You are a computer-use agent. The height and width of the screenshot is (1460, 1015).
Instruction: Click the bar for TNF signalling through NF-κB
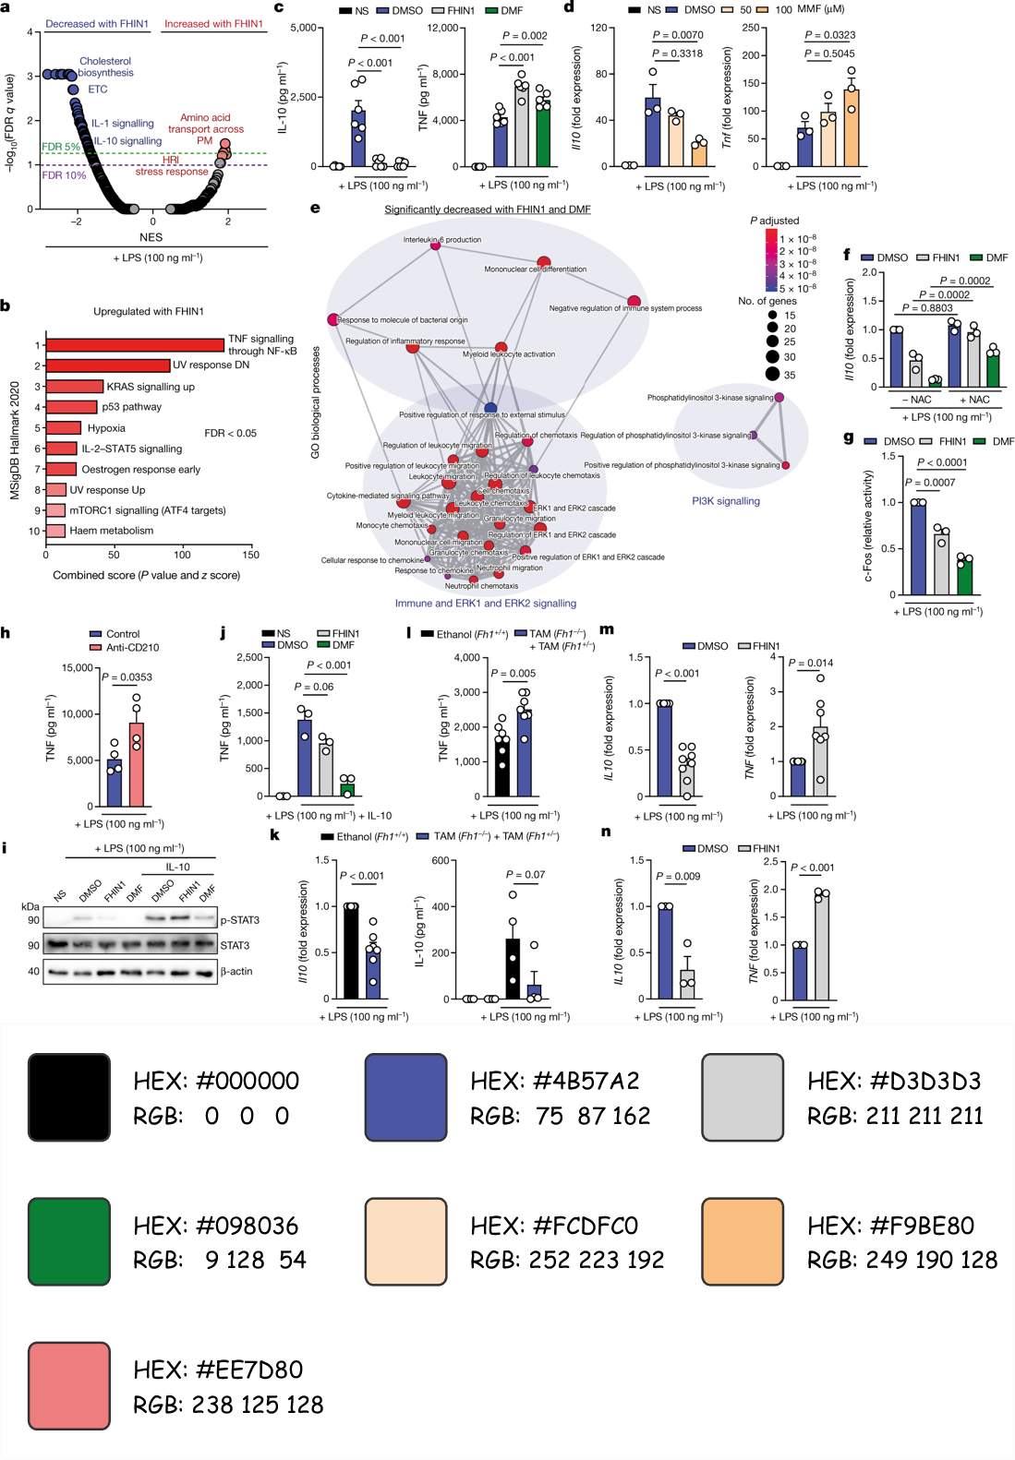click(135, 345)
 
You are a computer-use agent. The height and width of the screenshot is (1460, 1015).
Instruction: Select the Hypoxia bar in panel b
click(64, 428)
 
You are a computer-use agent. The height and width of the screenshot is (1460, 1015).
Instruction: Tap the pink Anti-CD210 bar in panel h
click(137, 764)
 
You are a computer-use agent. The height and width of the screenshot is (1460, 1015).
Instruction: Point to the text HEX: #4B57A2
click(555, 1081)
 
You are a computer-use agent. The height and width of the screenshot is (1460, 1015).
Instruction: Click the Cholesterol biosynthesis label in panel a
click(105, 67)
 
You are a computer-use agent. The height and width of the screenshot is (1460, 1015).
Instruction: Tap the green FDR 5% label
click(61, 147)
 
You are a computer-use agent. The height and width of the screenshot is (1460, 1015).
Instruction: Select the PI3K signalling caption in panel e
click(726, 501)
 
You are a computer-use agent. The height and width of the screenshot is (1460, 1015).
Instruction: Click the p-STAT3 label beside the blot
click(240, 920)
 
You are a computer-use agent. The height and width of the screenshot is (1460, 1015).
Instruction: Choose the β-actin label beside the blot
click(236, 971)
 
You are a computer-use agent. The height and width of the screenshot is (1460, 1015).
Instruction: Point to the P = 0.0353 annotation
click(128, 677)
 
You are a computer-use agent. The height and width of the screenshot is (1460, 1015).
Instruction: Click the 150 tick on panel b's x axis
click(250, 555)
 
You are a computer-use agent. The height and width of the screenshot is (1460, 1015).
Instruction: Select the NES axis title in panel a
click(151, 237)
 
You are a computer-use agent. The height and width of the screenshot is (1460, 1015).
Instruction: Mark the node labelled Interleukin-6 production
click(435, 245)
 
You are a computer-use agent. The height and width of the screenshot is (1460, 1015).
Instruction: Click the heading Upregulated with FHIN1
click(149, 312)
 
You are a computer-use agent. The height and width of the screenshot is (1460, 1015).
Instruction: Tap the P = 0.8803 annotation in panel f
click(927, 308)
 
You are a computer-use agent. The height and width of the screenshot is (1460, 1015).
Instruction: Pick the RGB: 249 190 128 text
click(902, 1260)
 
